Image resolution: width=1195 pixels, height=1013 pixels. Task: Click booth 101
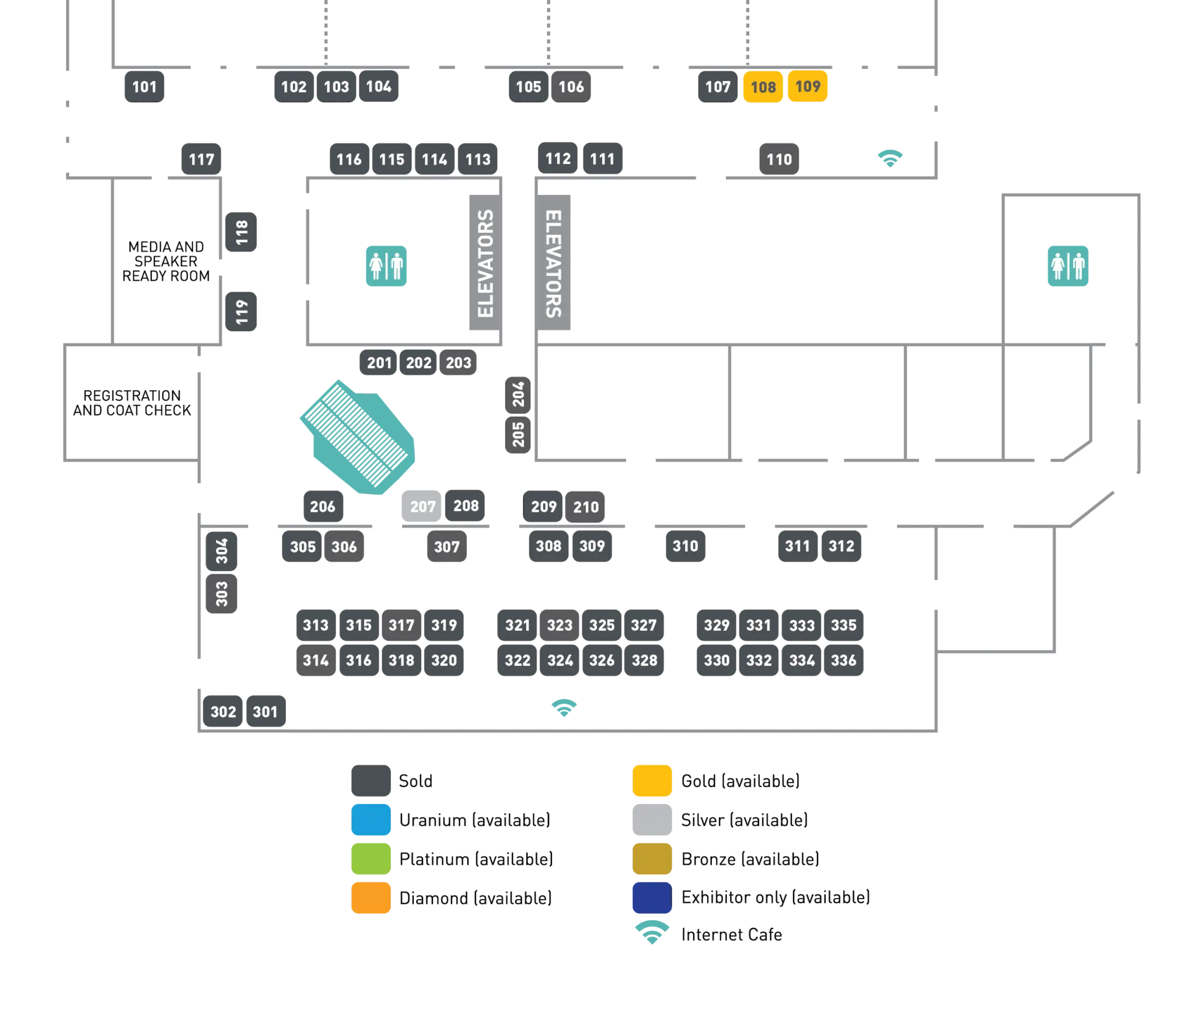(x=144, y=86)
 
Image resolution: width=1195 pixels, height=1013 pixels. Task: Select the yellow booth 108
(x=763, y=86)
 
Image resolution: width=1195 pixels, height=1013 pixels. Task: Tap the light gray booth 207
(x=422, y=506)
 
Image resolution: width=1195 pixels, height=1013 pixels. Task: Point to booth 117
(x=201, y=159)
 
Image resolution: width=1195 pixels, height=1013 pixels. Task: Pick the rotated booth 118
(x=242, y=232)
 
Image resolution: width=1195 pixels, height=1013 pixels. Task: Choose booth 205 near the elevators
(x=518, y=434)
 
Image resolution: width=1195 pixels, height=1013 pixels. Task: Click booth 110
(x=779, y=159)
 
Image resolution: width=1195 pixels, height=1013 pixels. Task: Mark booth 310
(x=685, y=546)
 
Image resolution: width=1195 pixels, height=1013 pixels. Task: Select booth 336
(x=844, y=660)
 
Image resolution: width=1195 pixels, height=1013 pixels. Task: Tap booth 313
(x=316, y=625)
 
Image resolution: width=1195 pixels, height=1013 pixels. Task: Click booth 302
(x=223, y=711)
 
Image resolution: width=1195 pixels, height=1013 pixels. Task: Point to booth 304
(x=222, y=551)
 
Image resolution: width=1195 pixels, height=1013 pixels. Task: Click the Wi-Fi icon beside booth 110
(x=891, y=158)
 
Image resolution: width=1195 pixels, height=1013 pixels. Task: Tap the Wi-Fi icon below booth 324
(x=564, y=707)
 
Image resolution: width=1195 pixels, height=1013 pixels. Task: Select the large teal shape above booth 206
(x=359, y=438)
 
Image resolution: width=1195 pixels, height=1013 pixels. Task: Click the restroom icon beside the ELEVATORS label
(x=386, y=266)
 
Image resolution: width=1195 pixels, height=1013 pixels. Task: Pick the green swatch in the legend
(x=371, y=858)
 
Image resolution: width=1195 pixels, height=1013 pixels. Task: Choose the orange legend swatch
(x=371, y=897)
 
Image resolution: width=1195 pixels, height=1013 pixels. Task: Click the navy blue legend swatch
(x=651, y=897)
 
